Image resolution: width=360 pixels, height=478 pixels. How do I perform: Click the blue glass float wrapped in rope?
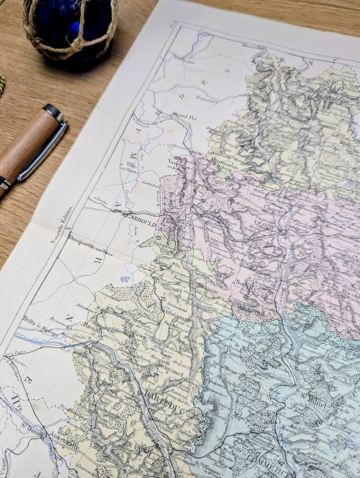69,30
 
